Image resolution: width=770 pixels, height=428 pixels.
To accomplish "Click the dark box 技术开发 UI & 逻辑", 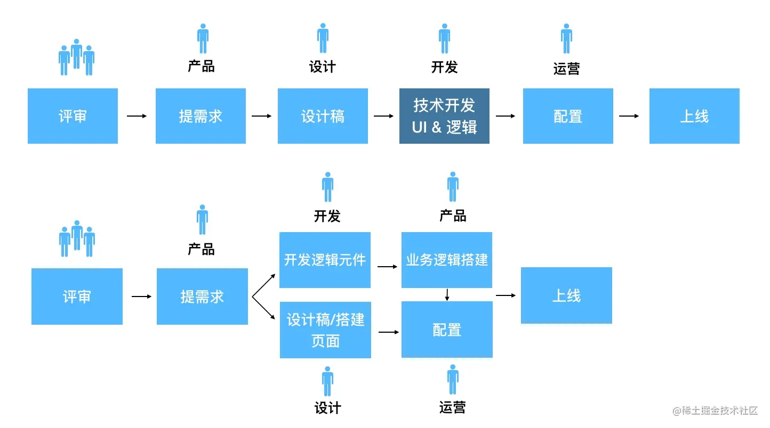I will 444,116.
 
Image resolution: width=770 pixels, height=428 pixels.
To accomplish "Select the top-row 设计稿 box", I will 323,116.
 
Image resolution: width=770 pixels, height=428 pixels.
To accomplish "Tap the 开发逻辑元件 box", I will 325,260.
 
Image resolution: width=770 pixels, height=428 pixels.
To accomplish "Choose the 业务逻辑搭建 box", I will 447,260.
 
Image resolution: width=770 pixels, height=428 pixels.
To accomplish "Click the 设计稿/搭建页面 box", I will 325,330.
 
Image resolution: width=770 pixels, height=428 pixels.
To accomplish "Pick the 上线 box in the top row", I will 694,116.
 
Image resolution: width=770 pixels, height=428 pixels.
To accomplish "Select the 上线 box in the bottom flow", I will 566,295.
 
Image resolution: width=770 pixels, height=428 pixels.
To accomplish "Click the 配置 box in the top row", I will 568,116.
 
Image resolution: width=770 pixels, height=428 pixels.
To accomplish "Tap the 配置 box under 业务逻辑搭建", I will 447,330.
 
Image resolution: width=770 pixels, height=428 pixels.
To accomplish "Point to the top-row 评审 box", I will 73,116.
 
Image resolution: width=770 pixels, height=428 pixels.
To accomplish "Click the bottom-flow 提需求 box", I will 202,297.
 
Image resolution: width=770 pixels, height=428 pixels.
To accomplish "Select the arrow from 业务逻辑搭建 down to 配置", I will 447,294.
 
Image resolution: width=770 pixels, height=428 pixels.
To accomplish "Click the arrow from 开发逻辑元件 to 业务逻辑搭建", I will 388,266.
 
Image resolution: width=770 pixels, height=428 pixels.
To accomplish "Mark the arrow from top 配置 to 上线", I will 629,116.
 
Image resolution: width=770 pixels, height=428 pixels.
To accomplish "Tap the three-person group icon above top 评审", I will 76,57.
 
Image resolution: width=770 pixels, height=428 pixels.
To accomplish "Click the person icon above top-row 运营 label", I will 566,38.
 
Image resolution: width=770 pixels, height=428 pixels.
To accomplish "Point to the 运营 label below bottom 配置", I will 453,408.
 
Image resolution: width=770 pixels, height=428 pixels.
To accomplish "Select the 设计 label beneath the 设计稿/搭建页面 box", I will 327,408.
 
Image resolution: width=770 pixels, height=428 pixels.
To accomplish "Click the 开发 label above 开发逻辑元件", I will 327,216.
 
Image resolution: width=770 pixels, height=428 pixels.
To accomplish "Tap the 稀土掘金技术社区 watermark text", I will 716,410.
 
